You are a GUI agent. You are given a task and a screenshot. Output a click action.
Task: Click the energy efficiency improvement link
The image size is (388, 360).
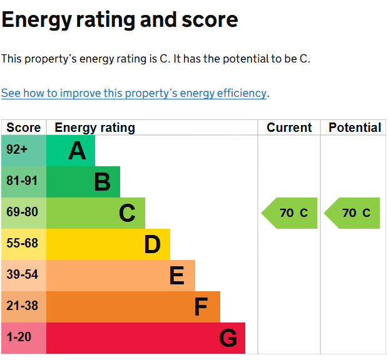[134, 93]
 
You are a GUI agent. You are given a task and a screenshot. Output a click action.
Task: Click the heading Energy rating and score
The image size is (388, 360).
[120, 20]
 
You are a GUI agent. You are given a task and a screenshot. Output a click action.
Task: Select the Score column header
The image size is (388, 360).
[24, 127]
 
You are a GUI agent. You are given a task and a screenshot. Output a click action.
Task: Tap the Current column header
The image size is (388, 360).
[289, 127]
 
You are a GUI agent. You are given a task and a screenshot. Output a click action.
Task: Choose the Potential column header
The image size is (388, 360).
[355, 127]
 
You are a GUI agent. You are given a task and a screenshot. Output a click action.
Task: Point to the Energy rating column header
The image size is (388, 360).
[95, 127]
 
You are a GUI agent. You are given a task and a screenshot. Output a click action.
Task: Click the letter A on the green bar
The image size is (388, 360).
[77, 151]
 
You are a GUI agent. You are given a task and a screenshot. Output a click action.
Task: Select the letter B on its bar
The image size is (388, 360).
[102, 182]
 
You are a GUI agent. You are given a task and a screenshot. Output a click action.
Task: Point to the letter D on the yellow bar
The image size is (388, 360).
[152, 244]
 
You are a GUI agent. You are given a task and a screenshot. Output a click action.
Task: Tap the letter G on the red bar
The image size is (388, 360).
[228, 338]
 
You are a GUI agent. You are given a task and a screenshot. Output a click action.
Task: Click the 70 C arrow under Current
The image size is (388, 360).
[290, 213]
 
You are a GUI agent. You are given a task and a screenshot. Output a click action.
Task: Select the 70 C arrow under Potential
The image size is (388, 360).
[352, 213]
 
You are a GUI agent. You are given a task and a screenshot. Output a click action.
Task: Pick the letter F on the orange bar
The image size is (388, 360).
[201, 307]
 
